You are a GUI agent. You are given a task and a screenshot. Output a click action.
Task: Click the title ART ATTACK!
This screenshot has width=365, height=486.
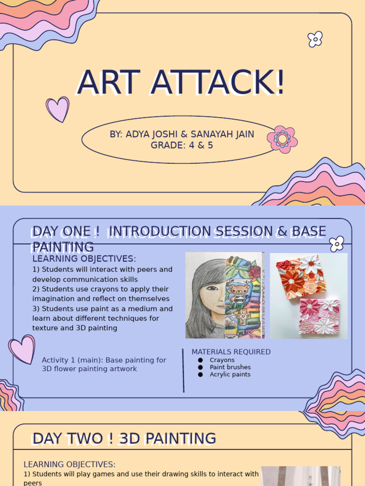[x=181, y=83]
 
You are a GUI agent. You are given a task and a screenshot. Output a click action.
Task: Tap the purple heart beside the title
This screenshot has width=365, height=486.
[x=58, y=109]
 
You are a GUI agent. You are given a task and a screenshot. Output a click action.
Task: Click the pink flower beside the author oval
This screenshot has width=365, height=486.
[x=282, y=139]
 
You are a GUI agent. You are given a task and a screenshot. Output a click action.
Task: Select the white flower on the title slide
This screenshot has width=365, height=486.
[x=315, y=39]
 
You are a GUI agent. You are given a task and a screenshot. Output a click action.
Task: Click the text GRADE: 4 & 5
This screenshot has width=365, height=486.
[x=182, y=145]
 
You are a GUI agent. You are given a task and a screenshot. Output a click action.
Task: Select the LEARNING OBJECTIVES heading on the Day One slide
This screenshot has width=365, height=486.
[x=84, y=259]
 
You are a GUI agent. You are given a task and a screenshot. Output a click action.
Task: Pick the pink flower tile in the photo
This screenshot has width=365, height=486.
[x=319, y=316]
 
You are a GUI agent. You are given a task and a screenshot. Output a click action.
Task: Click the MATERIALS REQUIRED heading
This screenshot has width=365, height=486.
[x=231, y=352]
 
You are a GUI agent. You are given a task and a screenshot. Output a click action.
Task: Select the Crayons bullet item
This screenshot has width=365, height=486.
[x=222, y=360]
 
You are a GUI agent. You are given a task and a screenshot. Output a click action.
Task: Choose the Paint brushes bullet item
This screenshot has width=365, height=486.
[x=230, y=367]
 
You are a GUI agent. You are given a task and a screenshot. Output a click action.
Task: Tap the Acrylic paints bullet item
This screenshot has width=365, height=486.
[x=230, y=374]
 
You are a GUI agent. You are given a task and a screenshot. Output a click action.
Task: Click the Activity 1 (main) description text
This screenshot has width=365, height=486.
[x=104, y=364]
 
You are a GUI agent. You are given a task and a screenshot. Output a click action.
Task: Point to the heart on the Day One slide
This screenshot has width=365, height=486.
[x=22, y=349]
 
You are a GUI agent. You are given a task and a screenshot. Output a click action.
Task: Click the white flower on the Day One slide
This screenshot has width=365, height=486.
[x=336, y=243]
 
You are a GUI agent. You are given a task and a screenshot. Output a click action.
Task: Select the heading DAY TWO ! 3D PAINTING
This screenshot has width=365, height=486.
[x=124, y=438]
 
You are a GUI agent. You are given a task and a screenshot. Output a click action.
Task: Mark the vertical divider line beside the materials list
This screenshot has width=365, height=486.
[x=183, y=370]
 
